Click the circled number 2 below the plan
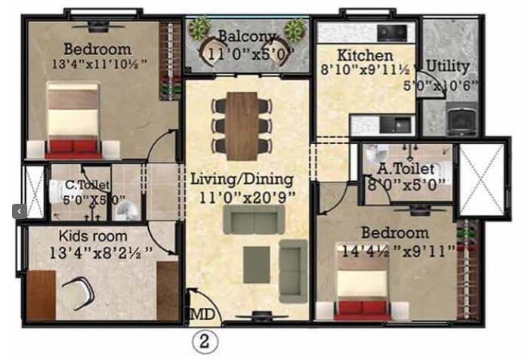tap(205, 341)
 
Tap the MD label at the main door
tap(202, 314)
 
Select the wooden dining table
tap(242, 126)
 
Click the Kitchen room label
tap(365, 55)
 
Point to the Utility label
tap(448, 66)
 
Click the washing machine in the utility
tap(462, 118)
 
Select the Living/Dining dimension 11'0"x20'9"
tap(248, 198)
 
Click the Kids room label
tap(93, 236)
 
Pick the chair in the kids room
tap(79, 293)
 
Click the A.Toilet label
tap(406, 168)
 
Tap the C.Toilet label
tap(88, 185)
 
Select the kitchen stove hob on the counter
tap(393, 33)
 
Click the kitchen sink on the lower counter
tap(395, 125)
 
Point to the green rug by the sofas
tap(256, 265)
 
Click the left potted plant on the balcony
tap(199, 27)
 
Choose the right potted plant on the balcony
tap(295, 29)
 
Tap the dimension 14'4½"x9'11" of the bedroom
tap(399, 251)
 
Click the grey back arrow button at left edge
tap(20, 211)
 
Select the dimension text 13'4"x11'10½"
tap(100, 64)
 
